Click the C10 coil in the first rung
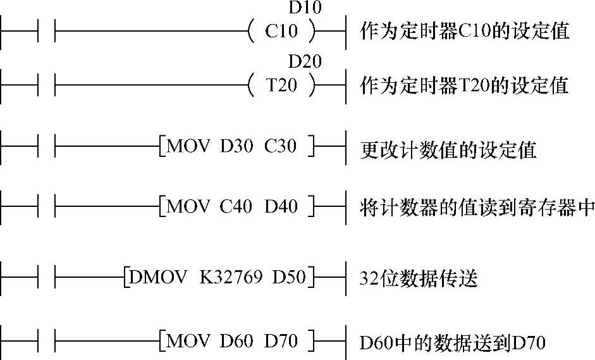[x=281, y=30]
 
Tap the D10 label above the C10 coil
[x=305, y=8]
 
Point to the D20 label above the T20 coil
[x=305, y=62]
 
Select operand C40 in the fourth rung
[x=236, y=206]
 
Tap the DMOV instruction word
[x=154, y=277]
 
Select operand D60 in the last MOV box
[x=235, y=342]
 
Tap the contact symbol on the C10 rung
[x=47, y=30]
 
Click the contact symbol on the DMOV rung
[x=47, y=277]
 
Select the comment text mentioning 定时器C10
[x=465, y=31]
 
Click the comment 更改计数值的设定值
[x=448, y=149]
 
